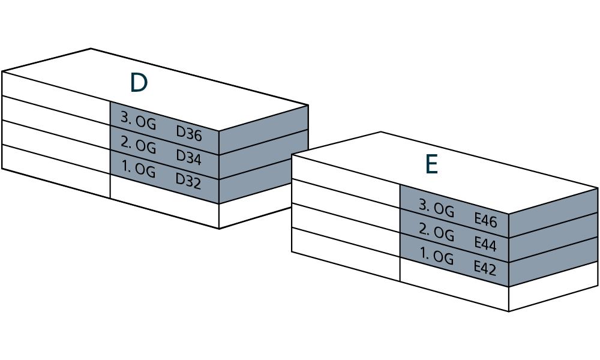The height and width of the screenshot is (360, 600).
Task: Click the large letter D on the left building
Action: click(139, 83)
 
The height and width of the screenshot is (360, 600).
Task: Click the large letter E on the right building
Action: click(431, 165)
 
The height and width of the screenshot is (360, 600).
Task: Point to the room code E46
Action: click(485, 221)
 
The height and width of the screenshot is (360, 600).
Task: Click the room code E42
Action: click(485, 268)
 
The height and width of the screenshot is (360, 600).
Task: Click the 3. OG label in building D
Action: click(138, 121)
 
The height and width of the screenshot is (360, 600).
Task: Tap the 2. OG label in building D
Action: click(138, 145)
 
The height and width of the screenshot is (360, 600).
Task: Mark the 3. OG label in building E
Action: click(436, 208)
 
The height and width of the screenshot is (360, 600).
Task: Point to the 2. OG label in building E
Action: click(436, 232)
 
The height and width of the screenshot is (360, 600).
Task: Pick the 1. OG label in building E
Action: click(436, 257)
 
